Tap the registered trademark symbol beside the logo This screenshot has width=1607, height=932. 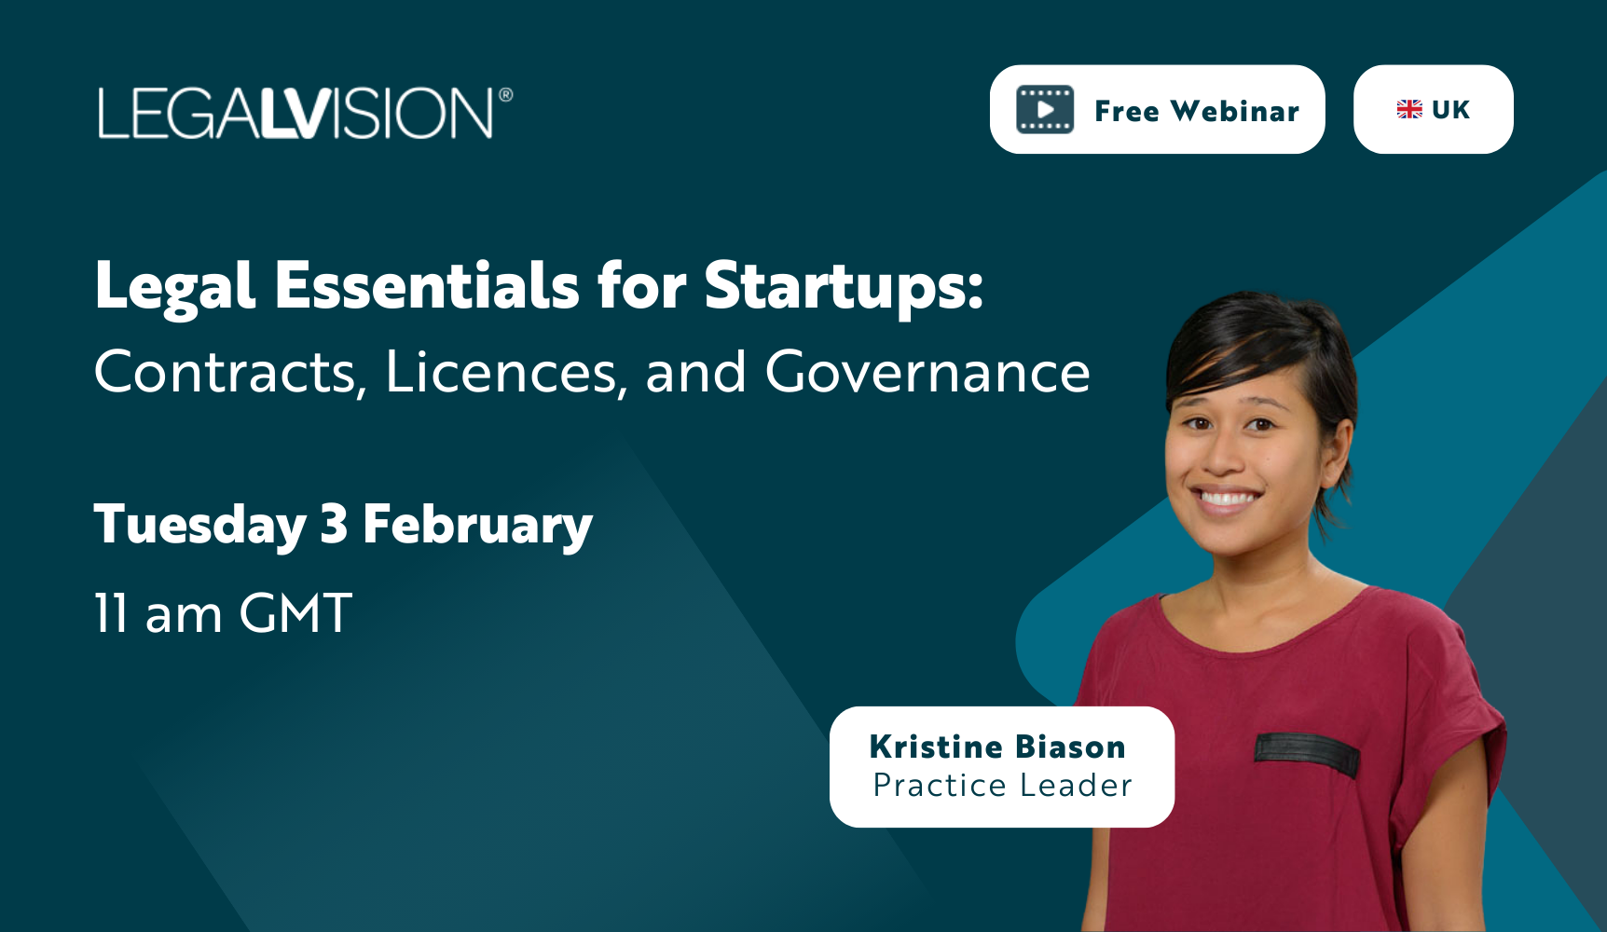(x=506, y=94)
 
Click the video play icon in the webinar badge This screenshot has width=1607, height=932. (x=1045, y=110)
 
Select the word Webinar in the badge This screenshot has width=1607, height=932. (x=1235, y=111)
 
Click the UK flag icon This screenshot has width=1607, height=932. (x=1409, y=109)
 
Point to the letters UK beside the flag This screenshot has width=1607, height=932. (x=1450, y=109)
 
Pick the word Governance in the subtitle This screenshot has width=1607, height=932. (x=927, y=372)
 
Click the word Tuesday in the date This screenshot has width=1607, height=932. (x=200, y=525)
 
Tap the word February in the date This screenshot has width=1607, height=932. (x=478, y=525)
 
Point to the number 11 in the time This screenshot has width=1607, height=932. (x=111, y=613)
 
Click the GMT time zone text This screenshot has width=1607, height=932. (x=295, y=613)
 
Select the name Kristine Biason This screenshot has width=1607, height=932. (x=997, y=747)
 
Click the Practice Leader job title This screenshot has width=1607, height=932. (x=1002, y=786)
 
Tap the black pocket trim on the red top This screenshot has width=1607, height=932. (x=1307, y=753)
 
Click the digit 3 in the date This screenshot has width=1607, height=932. (x=335, y=524)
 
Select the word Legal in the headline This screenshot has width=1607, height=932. (x=174, y=288)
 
